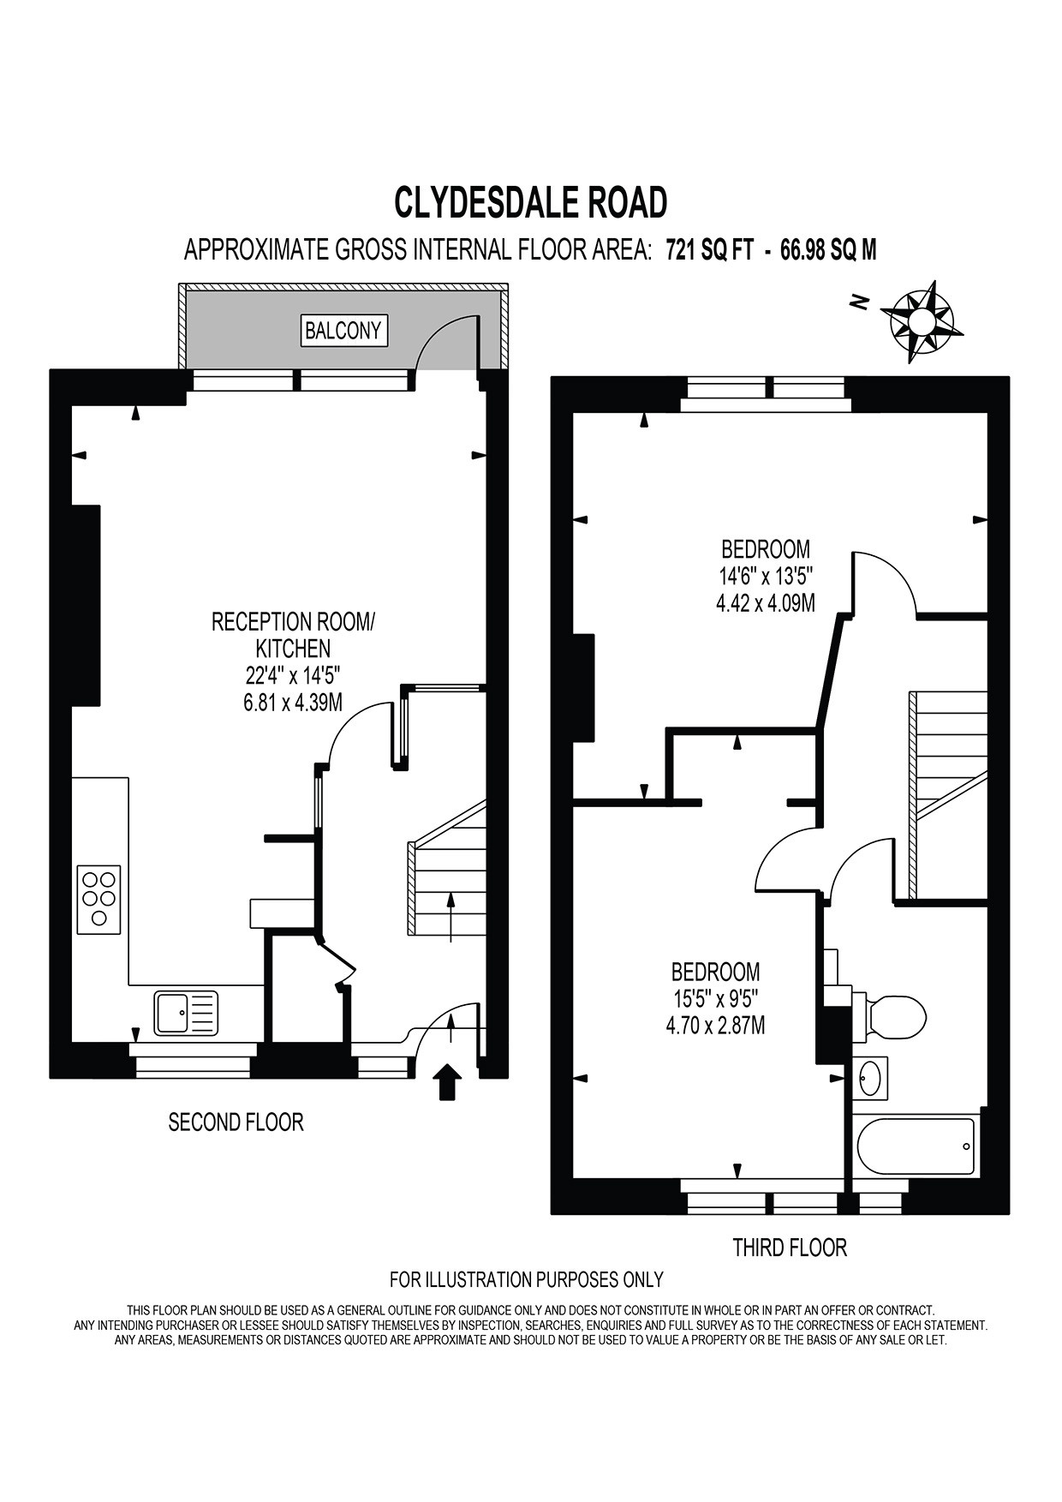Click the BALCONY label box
tap(343, 331)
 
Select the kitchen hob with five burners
tap(99, 899)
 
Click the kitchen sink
tap(186, 1012)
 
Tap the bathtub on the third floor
tap(916, 1146)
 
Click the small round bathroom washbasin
tap(870, 1077)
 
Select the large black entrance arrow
tap(448, 1082)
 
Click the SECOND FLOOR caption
tap(236, 1122)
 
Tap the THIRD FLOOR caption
tap(790, 1248)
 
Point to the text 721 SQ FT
tap(710, 250)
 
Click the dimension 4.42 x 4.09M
tap(765, 603)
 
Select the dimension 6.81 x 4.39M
tap(293, 703)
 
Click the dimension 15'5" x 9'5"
tap(715, 998)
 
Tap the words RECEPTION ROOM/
tap(293, 621)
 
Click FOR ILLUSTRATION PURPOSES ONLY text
tap(526, 1280)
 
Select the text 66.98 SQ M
tap(828, 250)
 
